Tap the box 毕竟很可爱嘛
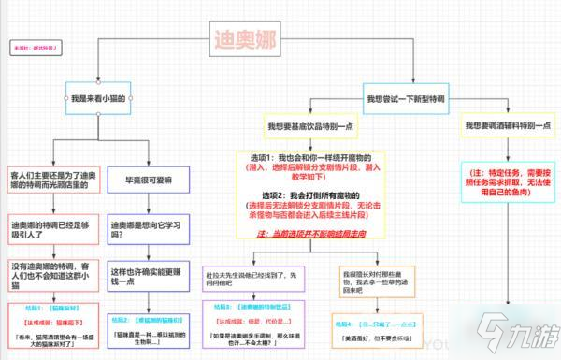(x=148, y=178)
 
